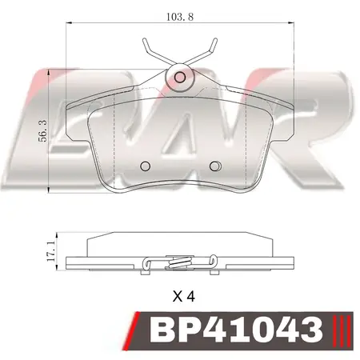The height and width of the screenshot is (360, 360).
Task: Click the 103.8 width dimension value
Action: coord(180,15)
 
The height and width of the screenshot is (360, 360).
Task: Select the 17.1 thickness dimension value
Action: coord(50,250)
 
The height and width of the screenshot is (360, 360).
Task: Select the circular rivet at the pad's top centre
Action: coord(180,78)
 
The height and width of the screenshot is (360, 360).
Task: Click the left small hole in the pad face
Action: coord(145,166)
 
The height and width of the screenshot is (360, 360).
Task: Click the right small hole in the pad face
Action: coord(214,166)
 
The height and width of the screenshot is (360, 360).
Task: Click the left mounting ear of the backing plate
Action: coord(77,128)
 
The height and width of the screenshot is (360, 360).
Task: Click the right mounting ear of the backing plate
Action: coord(283,128)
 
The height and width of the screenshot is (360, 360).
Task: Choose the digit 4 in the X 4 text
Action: coord(192,295)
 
